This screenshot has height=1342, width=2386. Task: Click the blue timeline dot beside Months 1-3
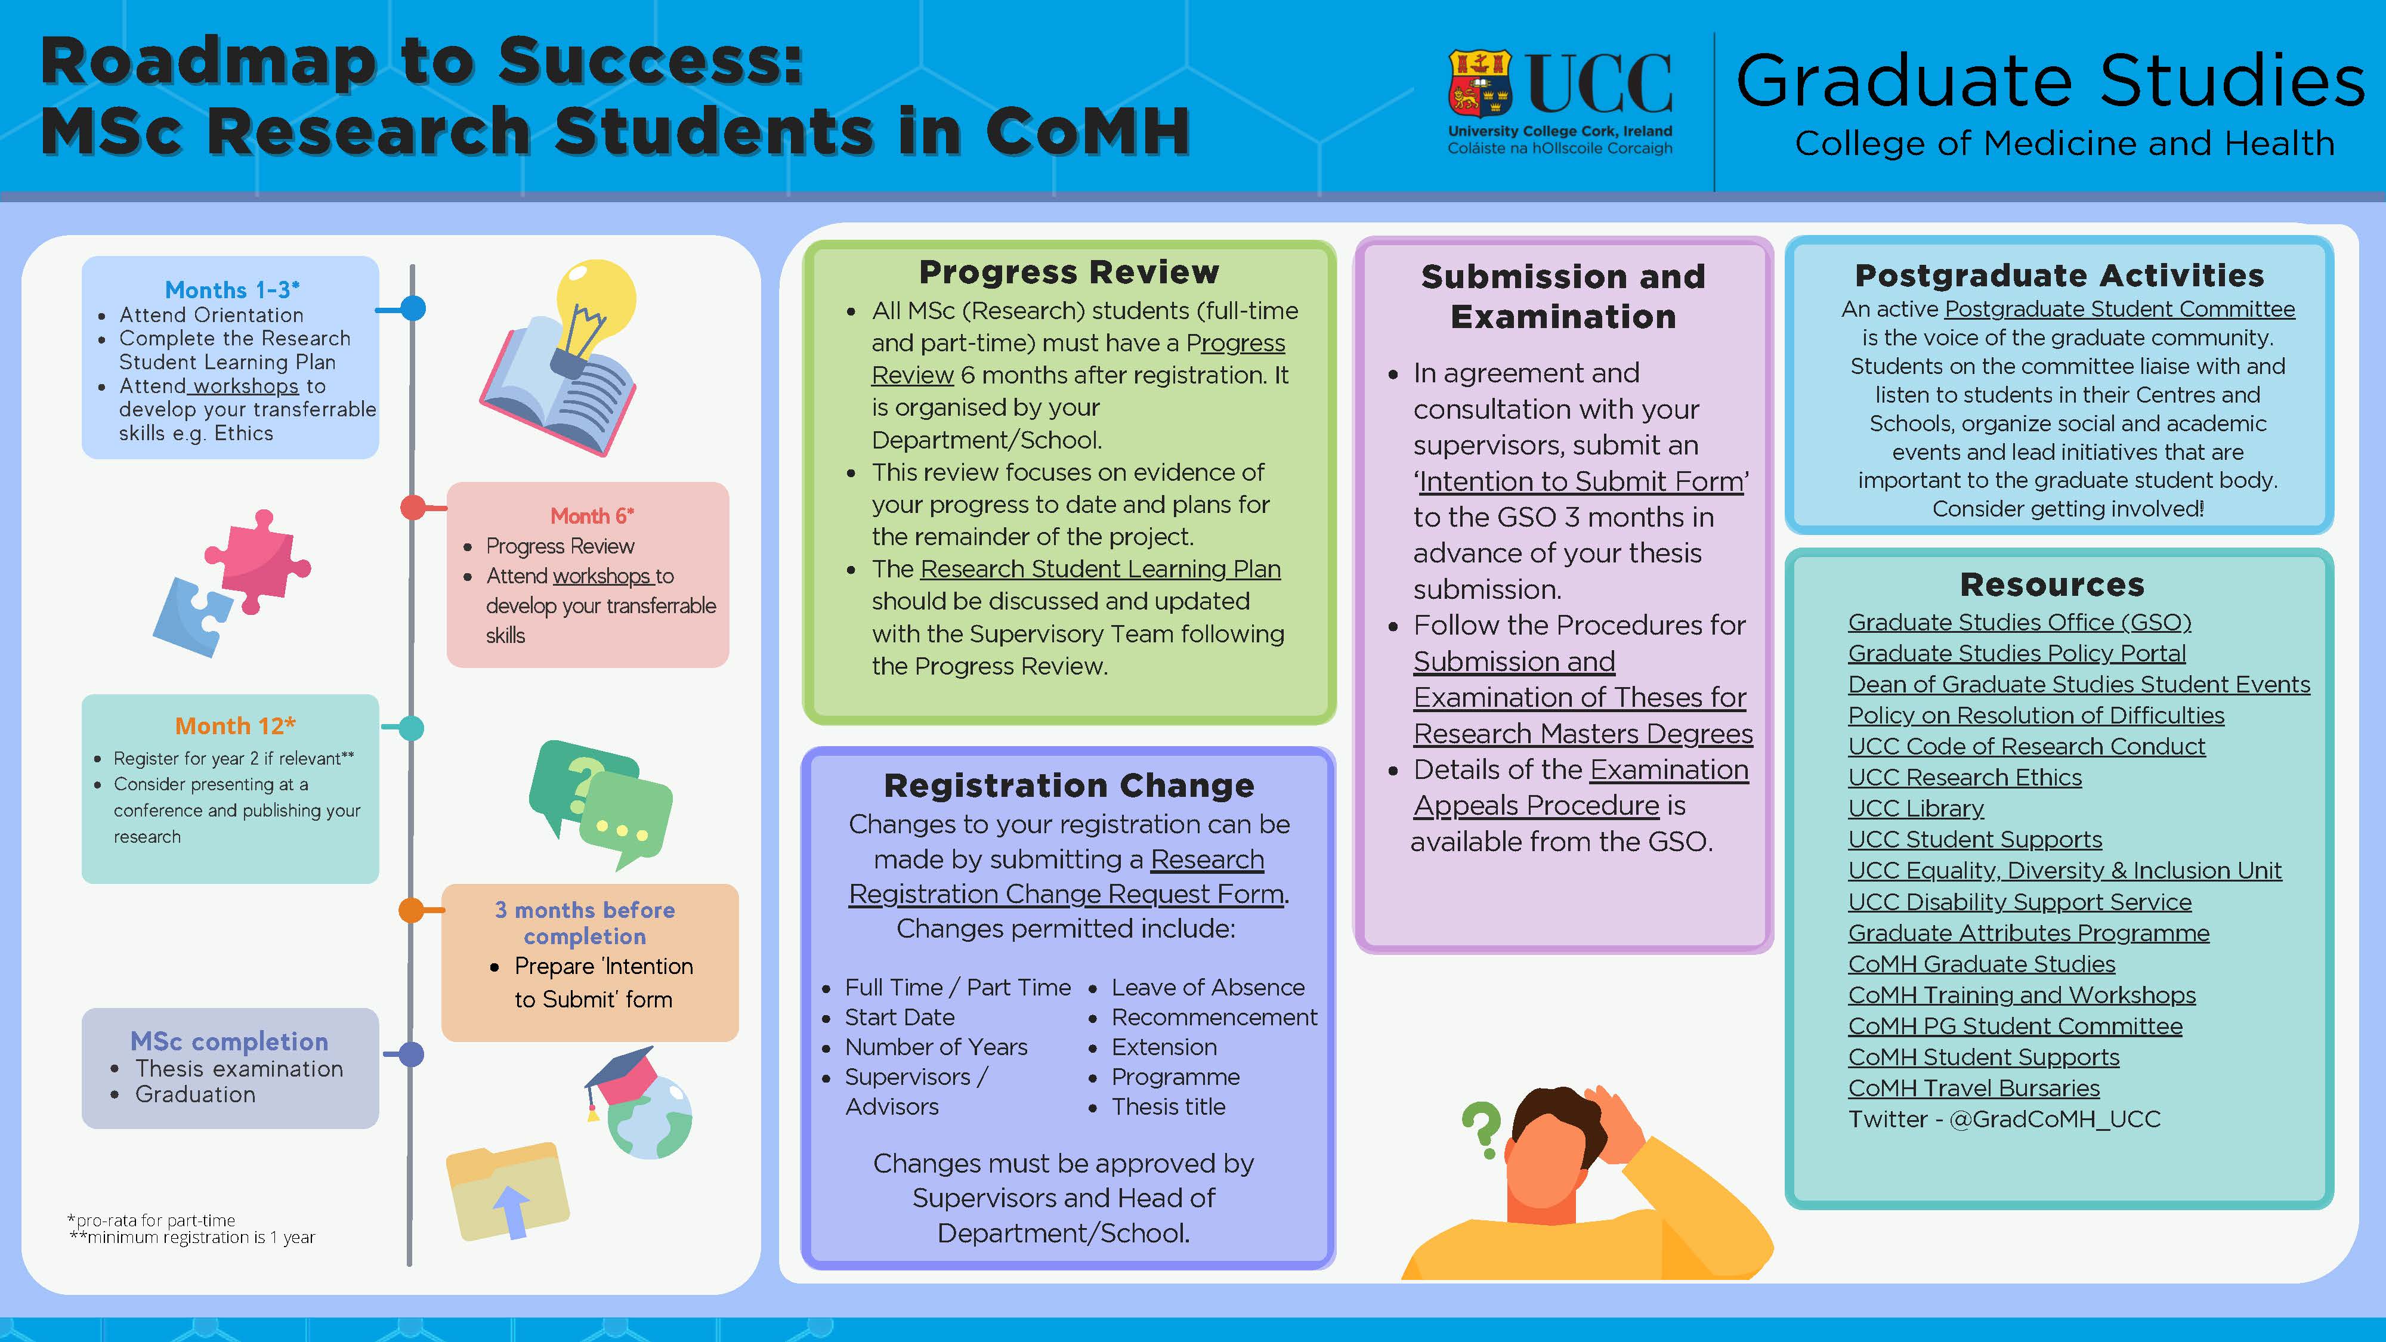point(413,308)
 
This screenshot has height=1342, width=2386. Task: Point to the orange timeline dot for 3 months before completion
point(411,910)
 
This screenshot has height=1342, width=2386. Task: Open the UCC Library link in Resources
point(1915,809)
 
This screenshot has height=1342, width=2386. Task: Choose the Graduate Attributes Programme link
point(2029,933)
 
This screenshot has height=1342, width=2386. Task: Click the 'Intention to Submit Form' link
point(1581,481)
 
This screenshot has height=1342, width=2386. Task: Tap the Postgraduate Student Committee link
point(2120,310)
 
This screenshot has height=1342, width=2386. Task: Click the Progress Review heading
point(1069,273)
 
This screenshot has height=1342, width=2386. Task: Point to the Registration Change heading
point(1069,786)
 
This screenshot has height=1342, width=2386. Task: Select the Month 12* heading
point(235,725)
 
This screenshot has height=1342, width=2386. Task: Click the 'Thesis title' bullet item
point(1168,1107)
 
